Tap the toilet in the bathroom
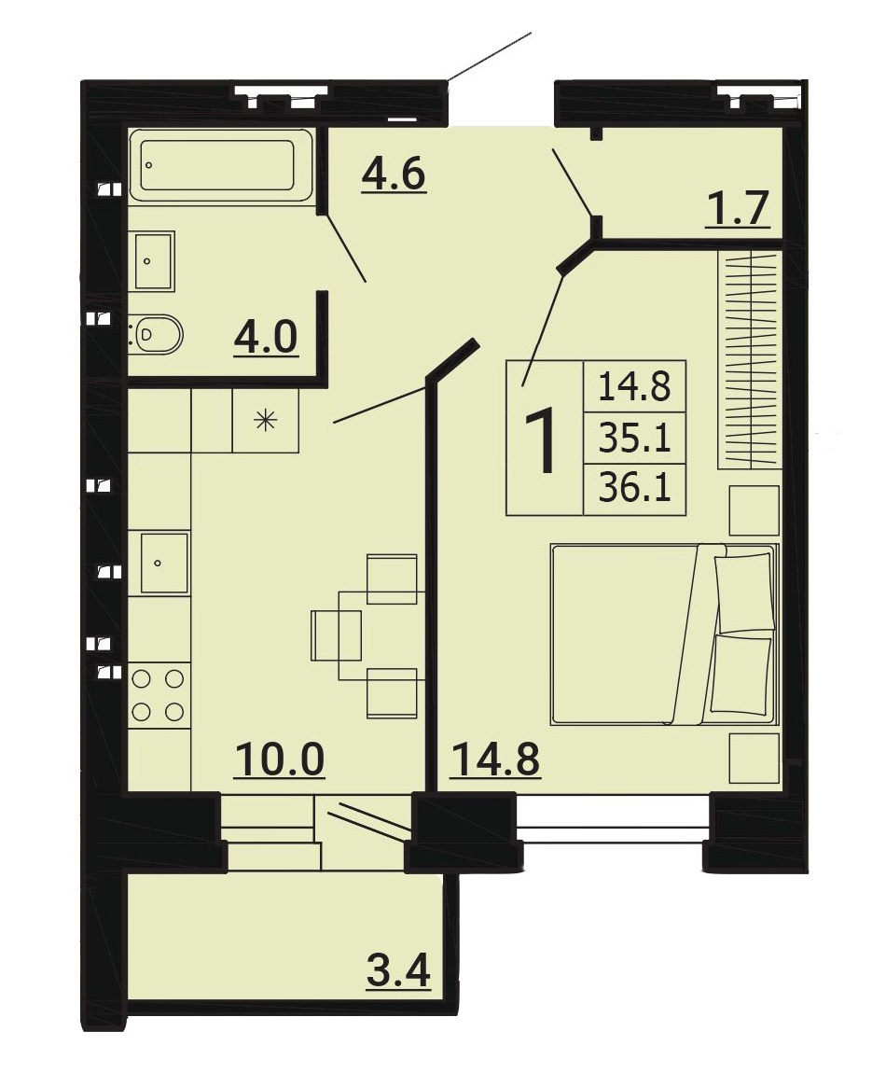click(x=157, y=334)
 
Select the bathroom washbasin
click(x=155, y=260)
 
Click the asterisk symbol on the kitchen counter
click(x=266, y=420)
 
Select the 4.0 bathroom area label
click(x=266, y=338)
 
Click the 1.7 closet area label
click(x=739, y=208)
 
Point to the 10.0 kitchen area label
click(x=279, y=759)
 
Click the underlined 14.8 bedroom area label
click(x=494, y=759)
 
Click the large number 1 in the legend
click(x=545, y=439)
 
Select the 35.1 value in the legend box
click(x=634, y=438)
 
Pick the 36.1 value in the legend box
click(x=634, y=489)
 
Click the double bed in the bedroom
click(x=665, y=634)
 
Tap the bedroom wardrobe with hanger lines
click(x=749, y=360)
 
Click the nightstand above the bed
click(x=754, y=510)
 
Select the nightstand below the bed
click(x=754, y=759)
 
